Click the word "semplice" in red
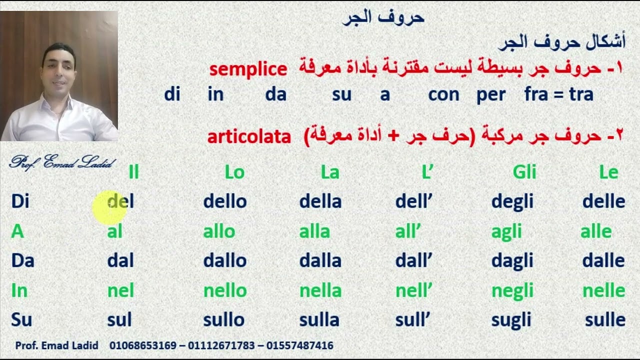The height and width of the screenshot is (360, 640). (x=248, y=69)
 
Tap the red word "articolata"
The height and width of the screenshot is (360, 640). (x=249, y=136)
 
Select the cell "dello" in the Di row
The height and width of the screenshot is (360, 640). (x=224, y=201)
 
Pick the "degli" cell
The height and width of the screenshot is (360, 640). (x=512, y=201)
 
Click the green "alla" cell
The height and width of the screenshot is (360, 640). (x=314, y=231)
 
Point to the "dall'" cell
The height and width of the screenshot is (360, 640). (x=413, y=260)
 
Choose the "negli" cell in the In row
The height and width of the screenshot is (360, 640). (x=512, y=290)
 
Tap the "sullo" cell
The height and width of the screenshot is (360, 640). (x=223, y=320)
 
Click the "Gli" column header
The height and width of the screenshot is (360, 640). (x=524, y=172)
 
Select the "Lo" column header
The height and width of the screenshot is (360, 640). (x=234, y=172)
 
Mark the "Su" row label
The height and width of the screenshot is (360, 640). (x=21, y=320)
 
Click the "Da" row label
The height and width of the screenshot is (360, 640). (x=22, y=260)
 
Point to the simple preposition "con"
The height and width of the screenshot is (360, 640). (x=443, y=94)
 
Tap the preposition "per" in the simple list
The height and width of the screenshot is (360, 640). (x=490, y=94)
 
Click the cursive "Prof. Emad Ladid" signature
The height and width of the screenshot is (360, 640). (x=62, y=162)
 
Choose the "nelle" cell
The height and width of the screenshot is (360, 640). (x=603, y=290)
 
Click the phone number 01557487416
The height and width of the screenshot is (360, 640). (x=299, y=345)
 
